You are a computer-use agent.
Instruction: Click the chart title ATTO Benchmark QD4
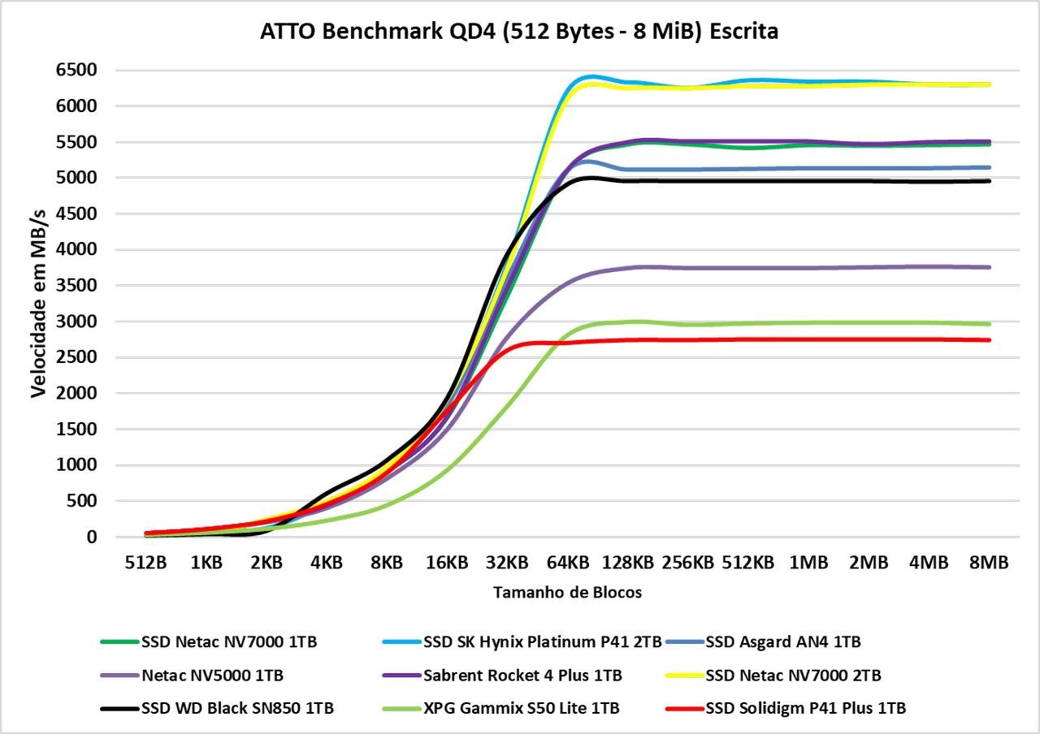519,32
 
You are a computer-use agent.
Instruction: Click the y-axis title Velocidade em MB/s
38,303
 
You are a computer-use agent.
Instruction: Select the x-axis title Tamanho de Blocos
567,593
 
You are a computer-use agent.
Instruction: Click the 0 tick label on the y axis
92,537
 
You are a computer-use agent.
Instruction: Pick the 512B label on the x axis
145,563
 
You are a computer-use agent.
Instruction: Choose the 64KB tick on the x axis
567,563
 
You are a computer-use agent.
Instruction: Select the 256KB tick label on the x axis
687,563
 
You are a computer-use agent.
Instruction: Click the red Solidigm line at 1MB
808,339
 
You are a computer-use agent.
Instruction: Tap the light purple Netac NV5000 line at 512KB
747,268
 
